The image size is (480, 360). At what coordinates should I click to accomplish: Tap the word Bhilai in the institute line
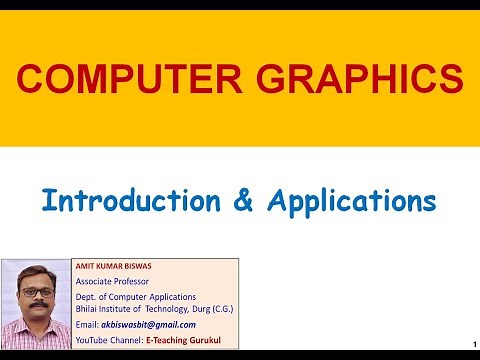[89, 307]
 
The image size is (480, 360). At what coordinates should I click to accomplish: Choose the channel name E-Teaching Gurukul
[184, 340]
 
